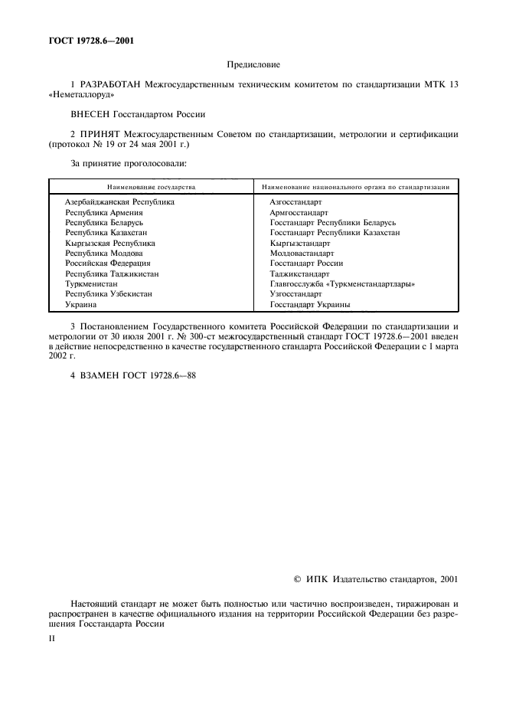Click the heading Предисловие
[x=253, y=65]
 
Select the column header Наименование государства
[x=151, y=186]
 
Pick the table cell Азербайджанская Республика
[x=119, y=201]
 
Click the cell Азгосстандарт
[x=295, y=201]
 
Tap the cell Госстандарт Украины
[x=310, y=304]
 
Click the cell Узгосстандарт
[x=295, y=293]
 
